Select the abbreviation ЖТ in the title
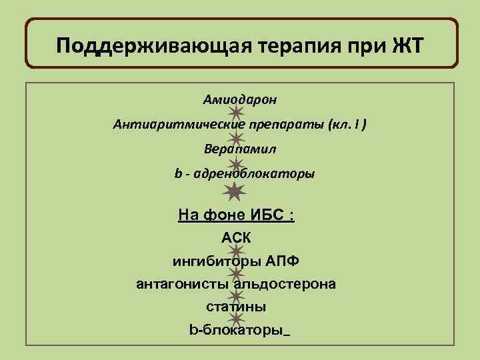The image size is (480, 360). (x=403, y=47)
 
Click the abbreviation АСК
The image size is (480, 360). (x=237, y=238)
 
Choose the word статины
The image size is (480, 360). (x=236, y=307)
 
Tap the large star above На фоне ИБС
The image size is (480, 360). (x=235, y=192)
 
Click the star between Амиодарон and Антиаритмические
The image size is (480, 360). (x=235, y=112)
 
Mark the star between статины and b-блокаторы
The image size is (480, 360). (x=235, y=319)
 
